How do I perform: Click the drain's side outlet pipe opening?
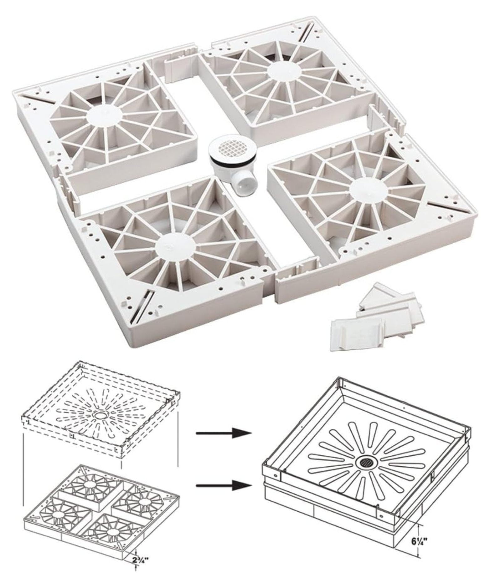coord(243,187)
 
